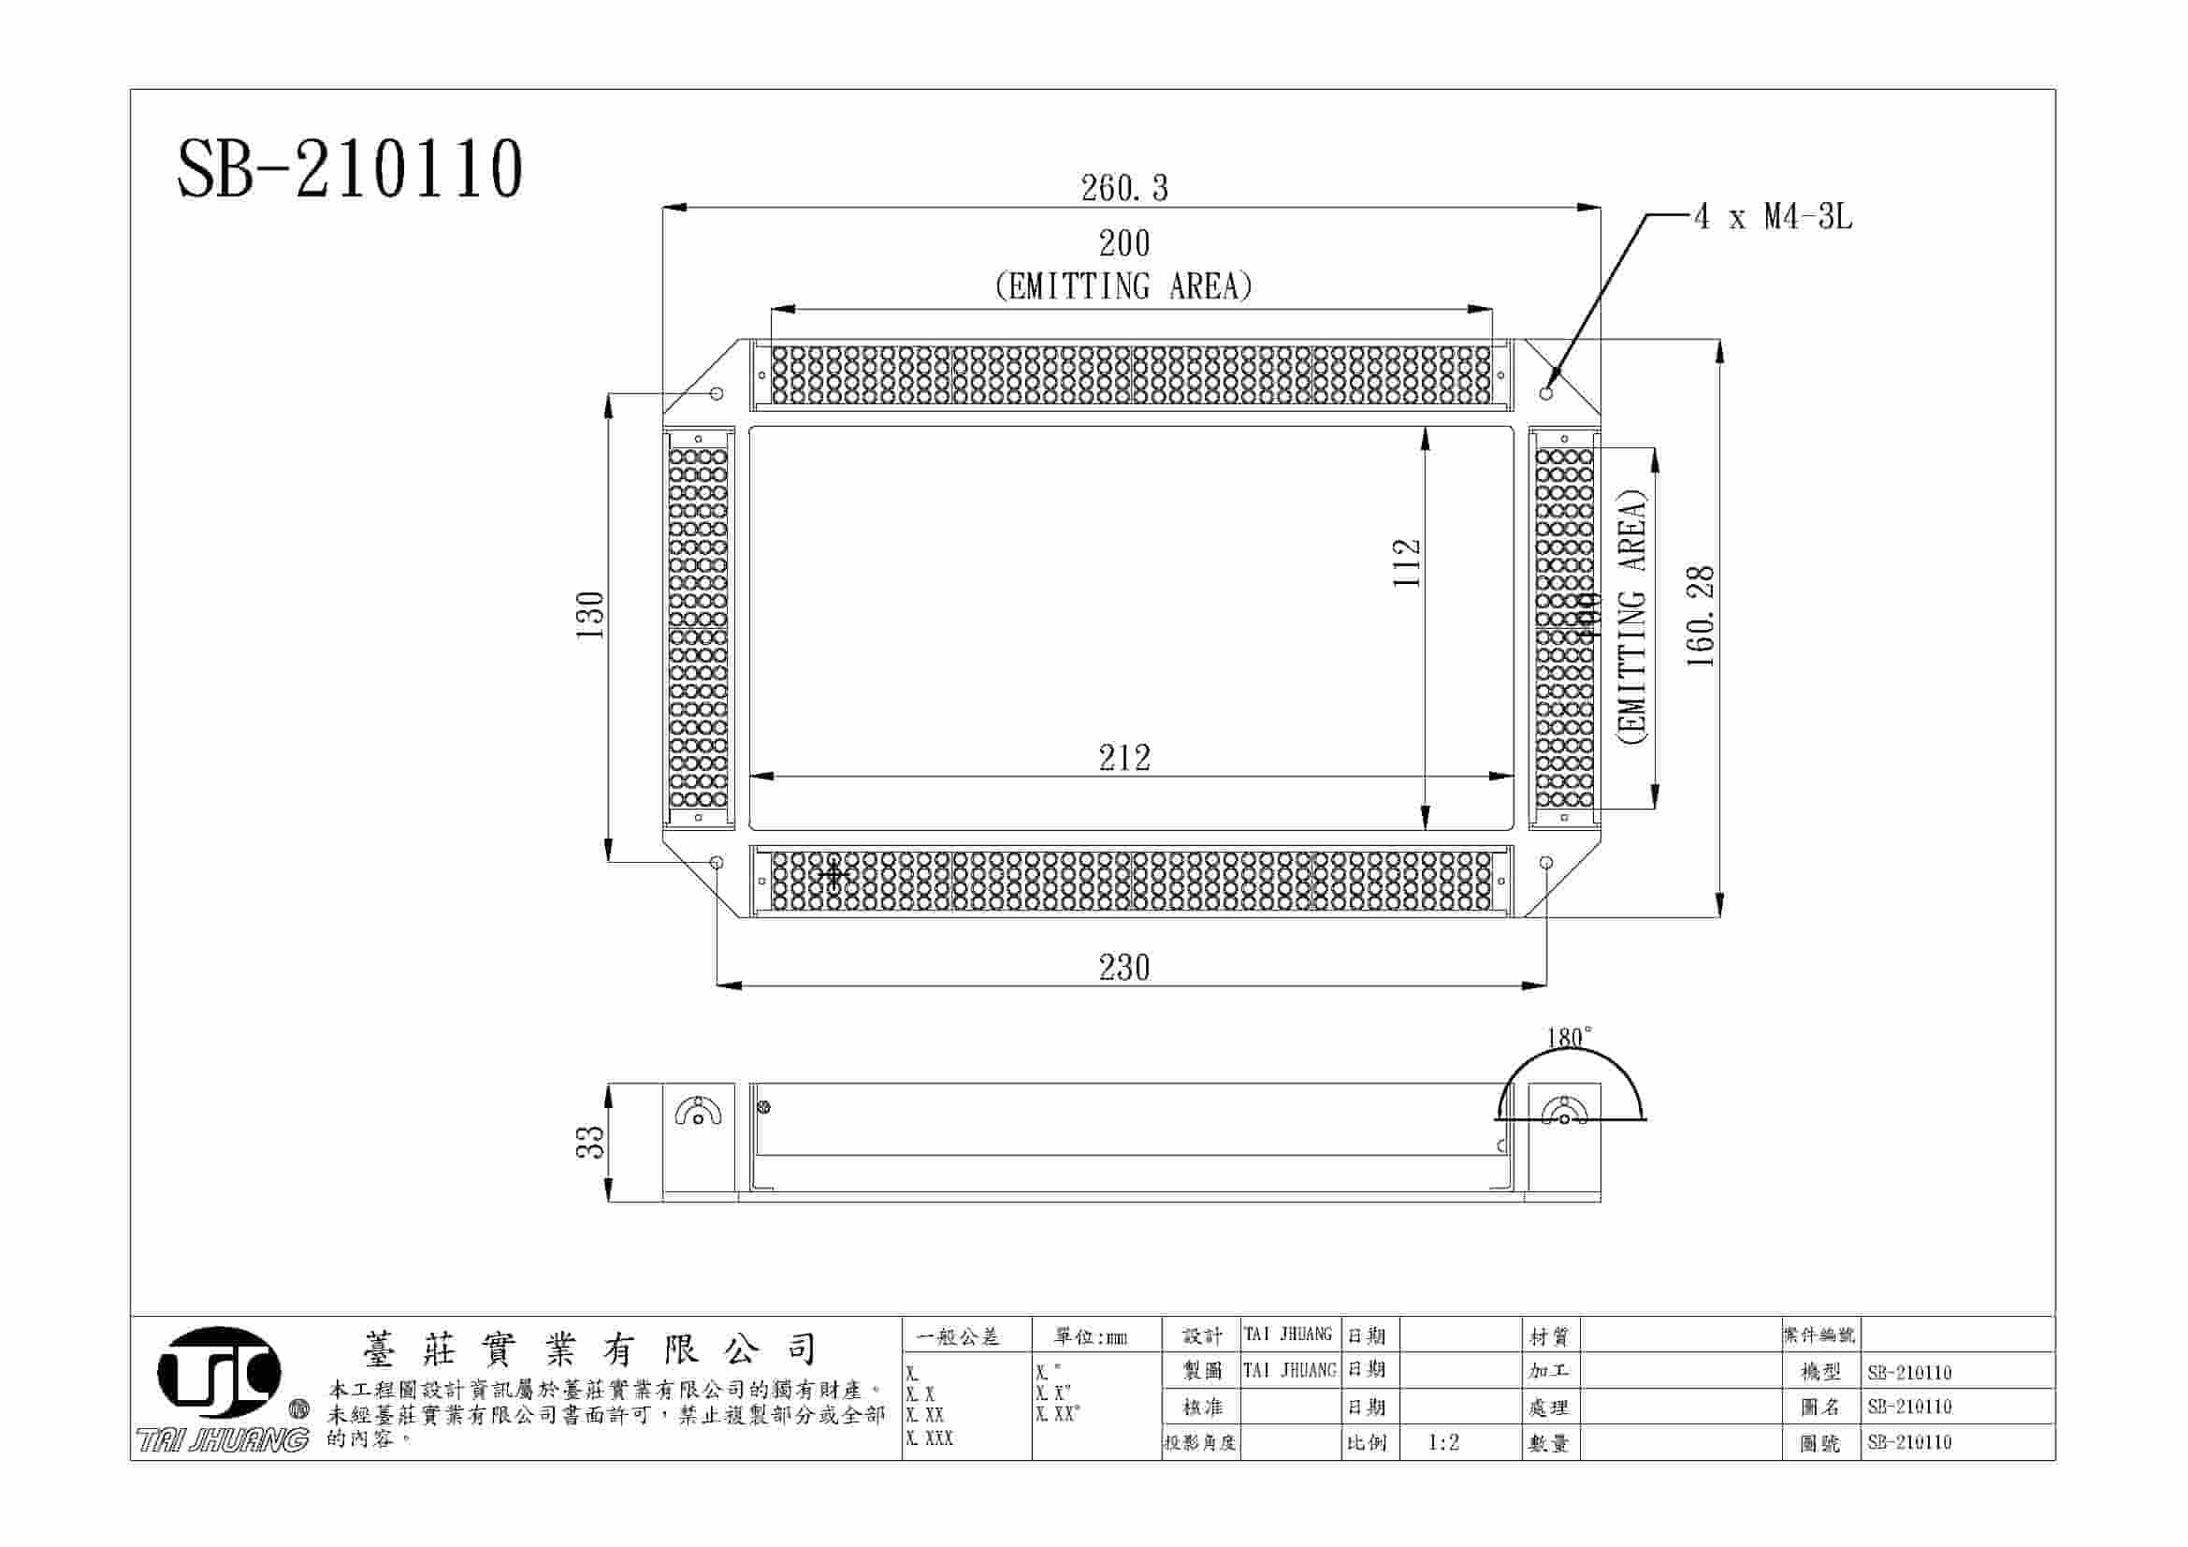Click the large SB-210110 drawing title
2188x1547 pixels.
(x=350, y=168)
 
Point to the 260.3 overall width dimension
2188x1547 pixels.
(x=1123, y=188)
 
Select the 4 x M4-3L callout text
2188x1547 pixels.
(x=1774, y=217)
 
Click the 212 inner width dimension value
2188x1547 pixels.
(x=1124, y=758)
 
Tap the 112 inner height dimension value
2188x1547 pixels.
(x=1408, y=563)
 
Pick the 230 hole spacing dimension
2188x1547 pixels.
(x=1124, y=968)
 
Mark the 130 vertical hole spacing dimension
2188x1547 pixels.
(x=591, y=615)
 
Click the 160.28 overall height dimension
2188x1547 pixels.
(x=1701, y=616)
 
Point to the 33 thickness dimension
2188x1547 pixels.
(x=591, y=1142)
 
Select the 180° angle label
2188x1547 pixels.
(x=1570, y=1037)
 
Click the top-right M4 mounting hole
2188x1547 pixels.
(x=1545, y=393)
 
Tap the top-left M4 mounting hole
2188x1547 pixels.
(x=717, y=393)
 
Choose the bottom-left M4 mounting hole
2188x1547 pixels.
(x=717, y=863)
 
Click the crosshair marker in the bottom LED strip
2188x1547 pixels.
(x=833, y=873)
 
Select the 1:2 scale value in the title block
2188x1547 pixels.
(x=1443, y=1443)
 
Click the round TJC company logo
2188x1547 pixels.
(x=219, y=1373)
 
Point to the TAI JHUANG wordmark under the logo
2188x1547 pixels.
(x=223, y=1439)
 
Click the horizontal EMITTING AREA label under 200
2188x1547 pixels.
(x=1123, y=286)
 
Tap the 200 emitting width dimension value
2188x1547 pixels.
(x=1124, y=244)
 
